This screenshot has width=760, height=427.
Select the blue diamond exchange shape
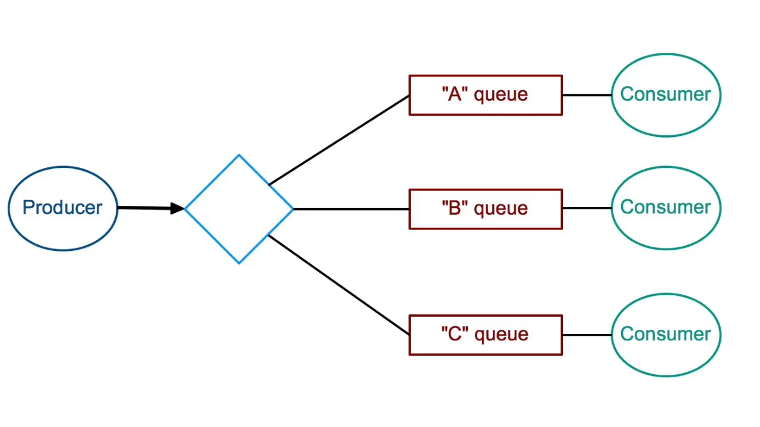point(239,209)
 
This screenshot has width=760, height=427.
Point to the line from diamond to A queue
point(338,140)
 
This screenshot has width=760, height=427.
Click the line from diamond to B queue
point(350,209)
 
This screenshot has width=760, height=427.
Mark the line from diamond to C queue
point(338,285)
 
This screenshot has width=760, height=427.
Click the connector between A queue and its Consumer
point(587,95)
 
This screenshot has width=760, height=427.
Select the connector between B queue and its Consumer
point(587,208)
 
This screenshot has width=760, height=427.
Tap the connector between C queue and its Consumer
point(587,335)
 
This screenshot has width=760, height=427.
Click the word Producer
point(62,208)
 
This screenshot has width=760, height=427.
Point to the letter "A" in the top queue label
point(455,94)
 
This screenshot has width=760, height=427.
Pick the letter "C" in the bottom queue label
point(455,334)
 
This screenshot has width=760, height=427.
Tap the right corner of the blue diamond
point(292,209)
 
